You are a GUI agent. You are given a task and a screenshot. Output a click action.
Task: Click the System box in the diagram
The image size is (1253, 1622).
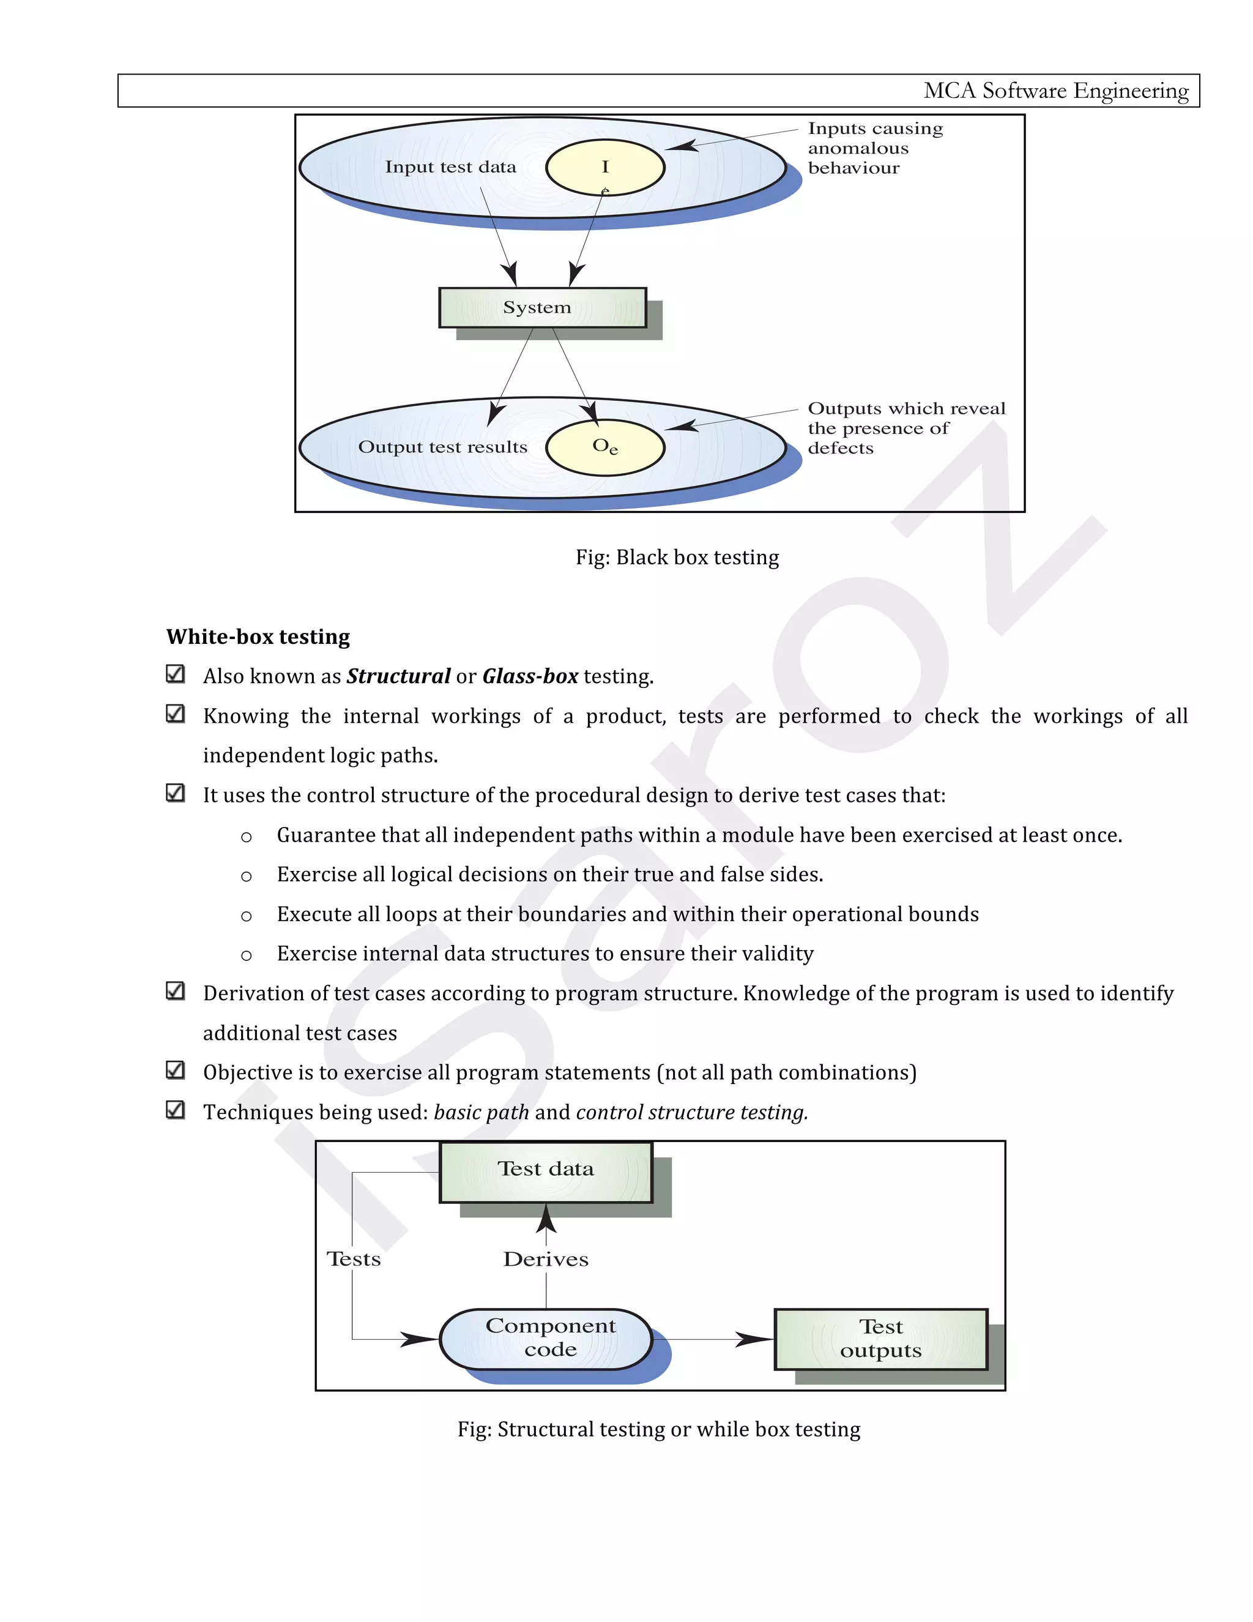click(542, 307)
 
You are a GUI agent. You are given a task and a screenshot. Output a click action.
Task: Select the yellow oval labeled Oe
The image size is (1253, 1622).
click(605, 446)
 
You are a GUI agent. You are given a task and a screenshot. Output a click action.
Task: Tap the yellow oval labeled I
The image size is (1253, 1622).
click(605, 167)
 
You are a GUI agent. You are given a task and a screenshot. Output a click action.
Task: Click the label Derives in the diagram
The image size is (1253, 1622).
click(546, 1259)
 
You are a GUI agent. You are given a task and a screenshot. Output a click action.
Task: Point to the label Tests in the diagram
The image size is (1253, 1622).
click(354, 1259)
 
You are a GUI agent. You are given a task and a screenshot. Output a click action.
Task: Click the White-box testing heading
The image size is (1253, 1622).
click(258, 637)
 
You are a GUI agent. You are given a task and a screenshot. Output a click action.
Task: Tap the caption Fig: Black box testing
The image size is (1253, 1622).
click(677, 557)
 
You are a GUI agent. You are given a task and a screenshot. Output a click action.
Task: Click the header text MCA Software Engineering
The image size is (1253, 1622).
click(1055, 91)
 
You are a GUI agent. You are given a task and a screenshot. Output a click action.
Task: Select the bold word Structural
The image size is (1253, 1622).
click(399, 676)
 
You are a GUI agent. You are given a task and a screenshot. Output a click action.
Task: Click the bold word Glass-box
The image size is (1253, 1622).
click(530, 676)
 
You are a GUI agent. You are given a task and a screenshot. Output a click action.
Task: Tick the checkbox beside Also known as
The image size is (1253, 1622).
click(175, 674)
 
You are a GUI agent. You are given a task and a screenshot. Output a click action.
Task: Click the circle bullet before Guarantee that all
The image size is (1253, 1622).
click(247, 837)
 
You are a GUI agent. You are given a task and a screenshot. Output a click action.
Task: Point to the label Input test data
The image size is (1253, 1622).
click(450, 167)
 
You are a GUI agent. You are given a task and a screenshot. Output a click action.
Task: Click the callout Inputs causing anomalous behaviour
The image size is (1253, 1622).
click(874, 148)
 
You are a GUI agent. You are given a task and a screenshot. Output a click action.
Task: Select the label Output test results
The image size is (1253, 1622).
click(442, 447)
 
